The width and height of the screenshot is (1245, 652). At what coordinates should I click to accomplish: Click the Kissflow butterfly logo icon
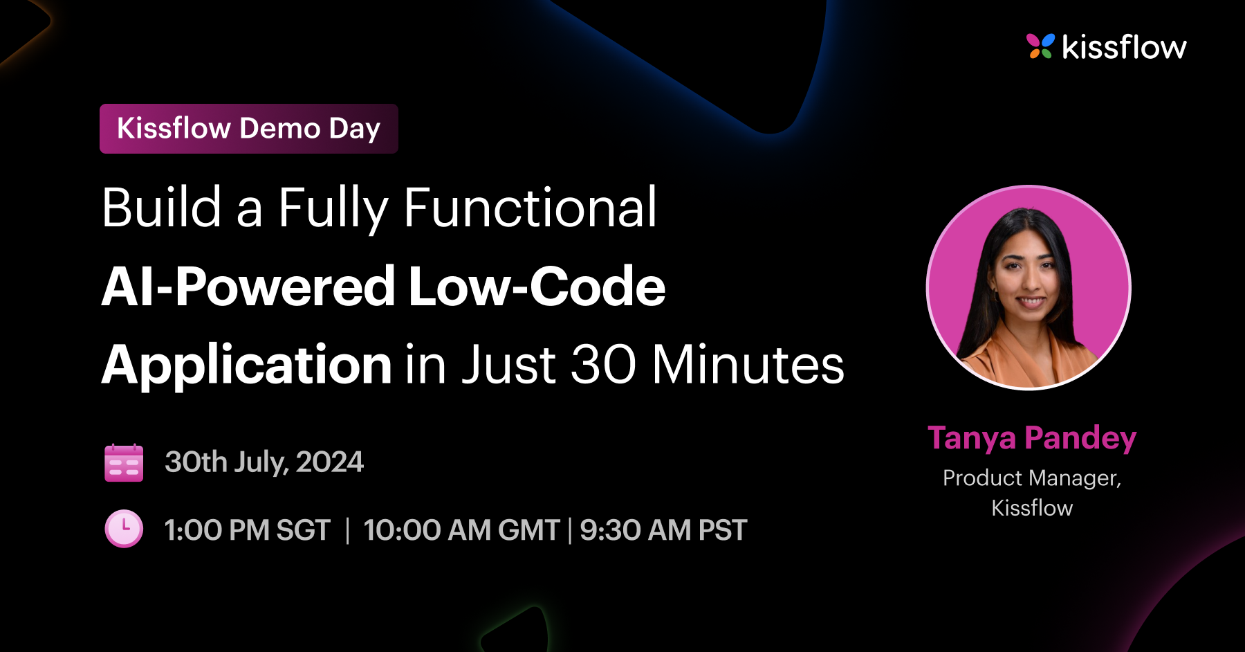coord(1040,46)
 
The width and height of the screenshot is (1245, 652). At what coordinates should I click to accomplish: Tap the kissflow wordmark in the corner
coord(1124,47)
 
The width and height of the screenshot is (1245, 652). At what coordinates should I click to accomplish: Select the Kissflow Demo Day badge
coord(249,129)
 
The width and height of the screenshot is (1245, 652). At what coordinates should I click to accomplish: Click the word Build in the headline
coord(162,208)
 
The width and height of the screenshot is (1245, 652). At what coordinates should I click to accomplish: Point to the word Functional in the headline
coord(530,208)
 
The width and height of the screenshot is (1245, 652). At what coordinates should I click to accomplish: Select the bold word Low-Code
coord(537,287)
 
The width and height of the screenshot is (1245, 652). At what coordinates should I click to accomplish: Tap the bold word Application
coord(247,365)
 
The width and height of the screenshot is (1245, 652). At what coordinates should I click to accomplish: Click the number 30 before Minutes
coord(602,365)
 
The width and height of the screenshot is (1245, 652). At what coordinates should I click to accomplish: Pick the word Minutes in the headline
coord(748,365)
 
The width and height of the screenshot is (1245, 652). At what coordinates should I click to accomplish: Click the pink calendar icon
coord(124,462)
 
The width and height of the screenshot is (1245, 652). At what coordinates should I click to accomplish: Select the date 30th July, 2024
coord(264,462)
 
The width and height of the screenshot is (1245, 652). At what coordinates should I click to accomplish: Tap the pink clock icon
coord(124,529)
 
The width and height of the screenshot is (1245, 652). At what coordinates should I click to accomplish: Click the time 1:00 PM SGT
coord(248,531)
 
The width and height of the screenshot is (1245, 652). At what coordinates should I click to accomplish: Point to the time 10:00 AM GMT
coord(461,531)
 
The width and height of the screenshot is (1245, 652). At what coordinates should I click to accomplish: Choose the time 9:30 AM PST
coord(663,531)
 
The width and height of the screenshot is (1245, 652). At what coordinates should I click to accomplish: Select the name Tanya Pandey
coord(1032,438)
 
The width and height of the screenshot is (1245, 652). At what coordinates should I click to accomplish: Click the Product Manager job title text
coord(1032,478)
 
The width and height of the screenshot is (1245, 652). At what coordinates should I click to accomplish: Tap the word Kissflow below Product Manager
coord(1032,508)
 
